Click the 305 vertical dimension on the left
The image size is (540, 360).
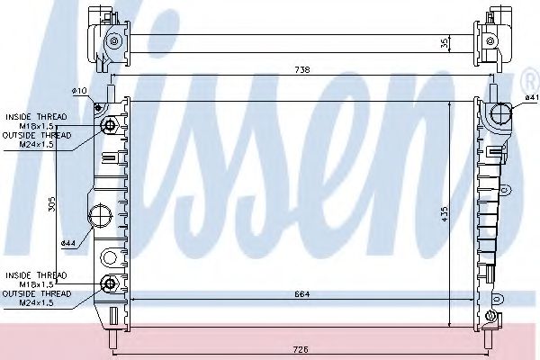click(x=53, y=205)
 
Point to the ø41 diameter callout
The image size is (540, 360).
click(x=529, y=96)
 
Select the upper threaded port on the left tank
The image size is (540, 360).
click(x=111, y=125)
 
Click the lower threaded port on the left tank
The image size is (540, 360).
click(x=111, y=284)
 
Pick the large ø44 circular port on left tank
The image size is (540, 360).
click(x=100, y=216)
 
